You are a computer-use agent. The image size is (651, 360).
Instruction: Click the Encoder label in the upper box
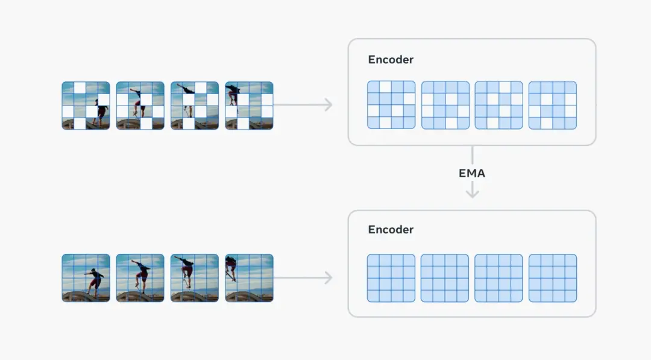(x=391, y=60)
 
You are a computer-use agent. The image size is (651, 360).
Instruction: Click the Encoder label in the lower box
(x=391, y=230)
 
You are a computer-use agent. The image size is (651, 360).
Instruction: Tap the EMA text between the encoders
(x=471, y=173)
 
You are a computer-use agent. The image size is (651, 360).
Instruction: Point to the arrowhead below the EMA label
(x=472, y=193)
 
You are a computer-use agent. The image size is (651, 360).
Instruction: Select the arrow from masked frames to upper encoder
(x=303, y=105)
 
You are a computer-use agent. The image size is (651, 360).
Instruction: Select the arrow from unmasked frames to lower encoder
(x=303, y=278)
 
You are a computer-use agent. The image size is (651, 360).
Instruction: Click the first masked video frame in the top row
(x=86, y=106)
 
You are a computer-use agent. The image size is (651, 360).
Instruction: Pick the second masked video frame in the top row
(x=140, y=106)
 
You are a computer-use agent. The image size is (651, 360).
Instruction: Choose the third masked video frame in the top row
(x=195, y=106)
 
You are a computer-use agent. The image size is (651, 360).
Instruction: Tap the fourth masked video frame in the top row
(x=249, y=106)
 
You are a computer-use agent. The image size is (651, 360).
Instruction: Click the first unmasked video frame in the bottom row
(x=86, y=278)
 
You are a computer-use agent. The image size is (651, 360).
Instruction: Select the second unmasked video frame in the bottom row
(x=140, y=278)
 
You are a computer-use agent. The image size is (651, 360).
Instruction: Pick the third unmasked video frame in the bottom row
(x=195, y=278)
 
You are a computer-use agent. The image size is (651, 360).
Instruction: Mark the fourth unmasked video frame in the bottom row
(x=249, y=278)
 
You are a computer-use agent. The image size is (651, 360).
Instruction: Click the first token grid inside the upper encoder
(x=391, y=105)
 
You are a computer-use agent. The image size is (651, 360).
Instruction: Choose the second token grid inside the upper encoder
(x=445, y=105)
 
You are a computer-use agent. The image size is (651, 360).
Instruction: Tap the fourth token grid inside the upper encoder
(x=553, y=105)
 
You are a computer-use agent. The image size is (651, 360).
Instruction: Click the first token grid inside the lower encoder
(x=391, y=278)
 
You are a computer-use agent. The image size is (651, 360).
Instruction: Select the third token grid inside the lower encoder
(x=498, y=278)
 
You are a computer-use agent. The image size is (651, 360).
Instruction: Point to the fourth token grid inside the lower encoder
(x=553, y=278)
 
